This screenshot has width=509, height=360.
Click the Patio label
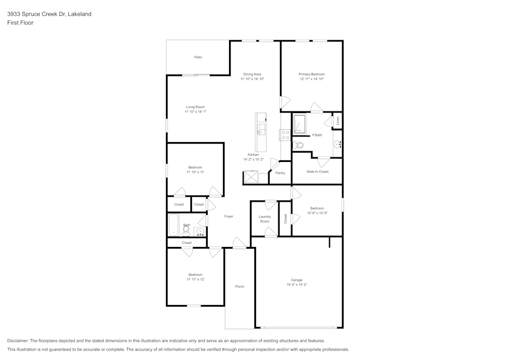click(198, 57)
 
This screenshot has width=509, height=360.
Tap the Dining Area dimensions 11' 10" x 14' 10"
click(252, 79)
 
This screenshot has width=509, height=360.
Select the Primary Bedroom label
click(312, 74)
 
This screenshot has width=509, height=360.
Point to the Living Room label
click(195, 107)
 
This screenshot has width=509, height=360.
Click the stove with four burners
click(286, 135)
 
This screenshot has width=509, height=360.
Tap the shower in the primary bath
click(299, 124)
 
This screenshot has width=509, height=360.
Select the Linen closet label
click(337, 121)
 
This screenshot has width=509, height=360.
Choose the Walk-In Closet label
click(317, 172)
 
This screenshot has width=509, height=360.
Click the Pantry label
click(280, 173)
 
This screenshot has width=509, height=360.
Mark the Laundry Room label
click(265, 219)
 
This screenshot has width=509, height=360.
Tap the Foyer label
click(229, 216)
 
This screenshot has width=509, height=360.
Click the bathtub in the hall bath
click(173, 225)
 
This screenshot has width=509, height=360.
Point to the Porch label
click(240, 286)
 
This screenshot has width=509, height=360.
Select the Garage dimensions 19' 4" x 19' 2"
click(297, 285)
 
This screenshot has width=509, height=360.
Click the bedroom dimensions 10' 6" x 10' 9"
click(317, 213)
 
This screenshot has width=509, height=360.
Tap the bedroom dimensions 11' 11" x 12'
click(195, 279)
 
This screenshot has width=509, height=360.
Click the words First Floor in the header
click(20, 23)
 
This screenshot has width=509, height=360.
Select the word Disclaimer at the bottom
click(18, 341)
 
